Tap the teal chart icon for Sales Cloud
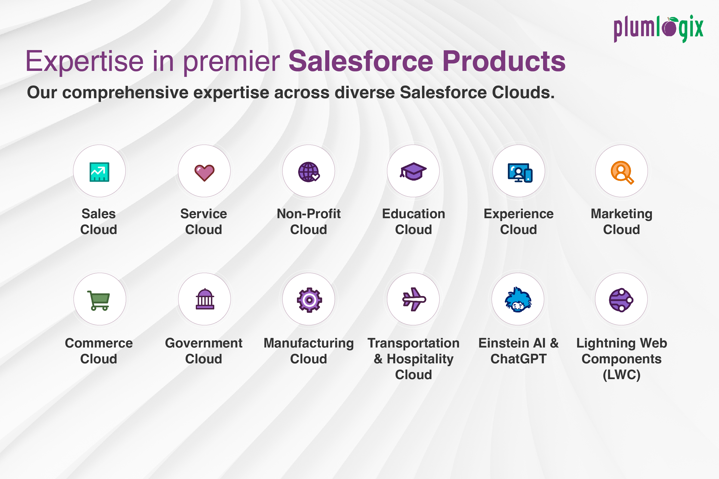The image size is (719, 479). (x=99, y=172)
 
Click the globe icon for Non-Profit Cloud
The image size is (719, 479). (x=309, y=172)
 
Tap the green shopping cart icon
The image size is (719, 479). (x=99, y=301)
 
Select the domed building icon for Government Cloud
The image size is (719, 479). (x=205, y=299)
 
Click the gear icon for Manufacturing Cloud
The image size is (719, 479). (x=309, y=300)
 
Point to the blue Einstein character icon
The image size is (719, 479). (x=518, y=300)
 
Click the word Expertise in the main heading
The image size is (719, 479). (x=84, y=62)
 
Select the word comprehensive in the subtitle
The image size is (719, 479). (x=125, y=92)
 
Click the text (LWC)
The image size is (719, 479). (x=621, y=375)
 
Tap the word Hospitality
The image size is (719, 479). (x=420, y=359)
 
